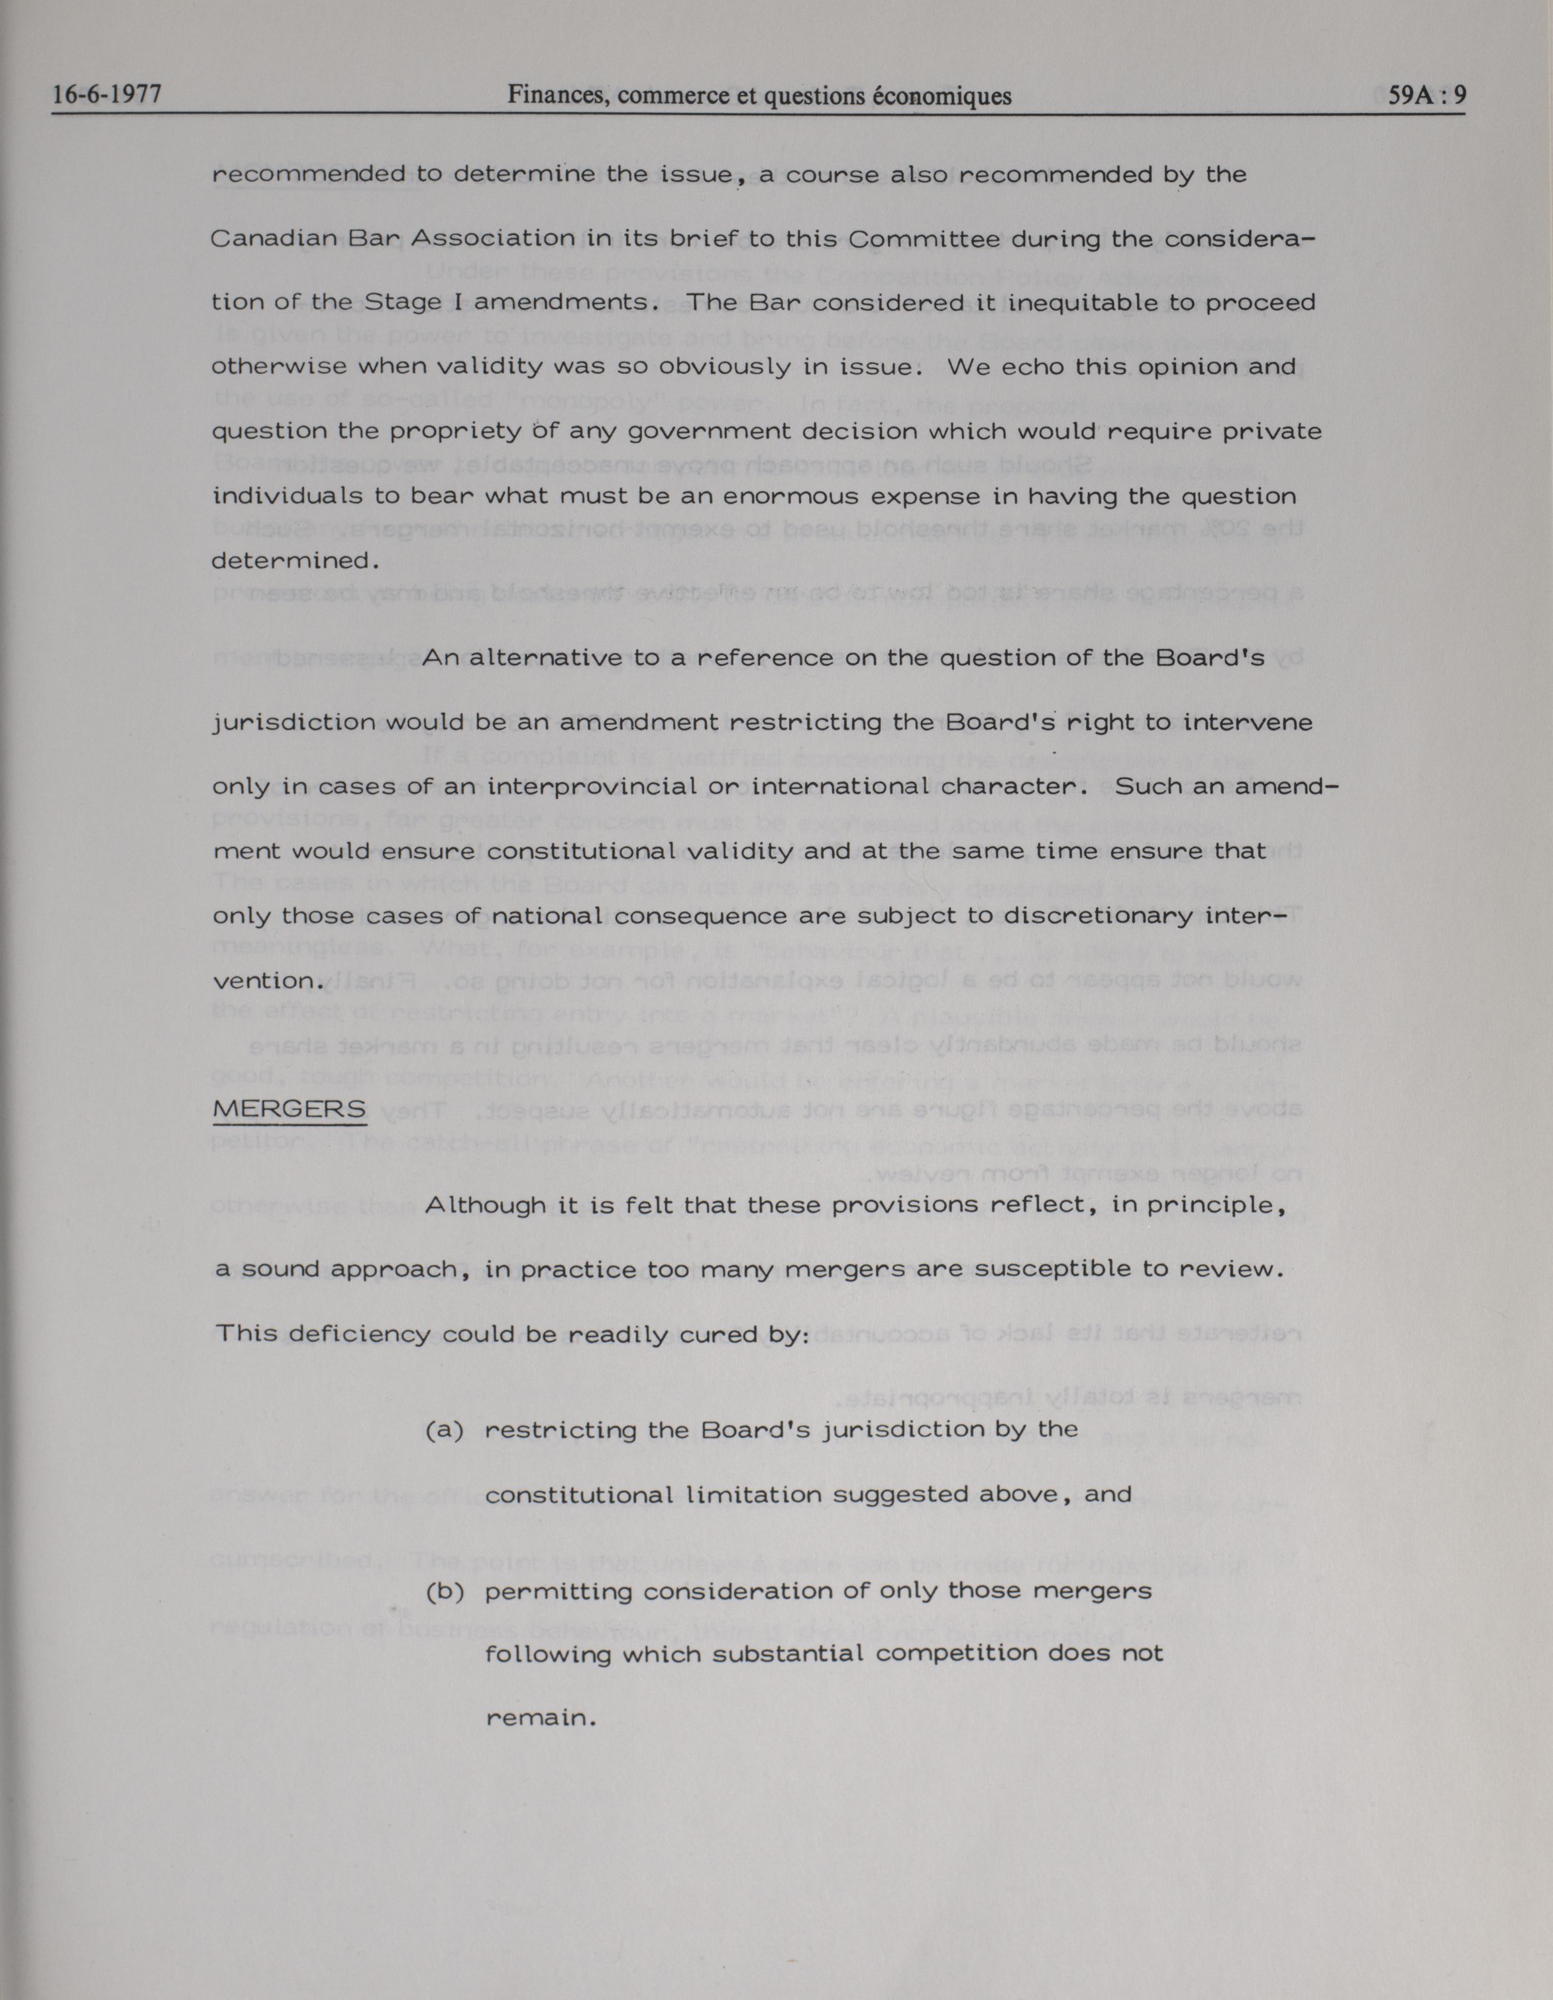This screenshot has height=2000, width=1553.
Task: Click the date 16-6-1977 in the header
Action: pyautogui.click(x=107, y=95)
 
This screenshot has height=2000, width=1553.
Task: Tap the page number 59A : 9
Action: pyautogui.click(x=1426, y=95)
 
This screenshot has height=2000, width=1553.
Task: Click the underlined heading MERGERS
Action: pyautogui.click(x=289, y=1109)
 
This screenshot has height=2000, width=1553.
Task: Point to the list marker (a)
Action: pyautogui.click(x=445, y=1429)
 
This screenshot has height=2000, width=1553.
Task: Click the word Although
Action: pyautogui.click(x=485, y=1205)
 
